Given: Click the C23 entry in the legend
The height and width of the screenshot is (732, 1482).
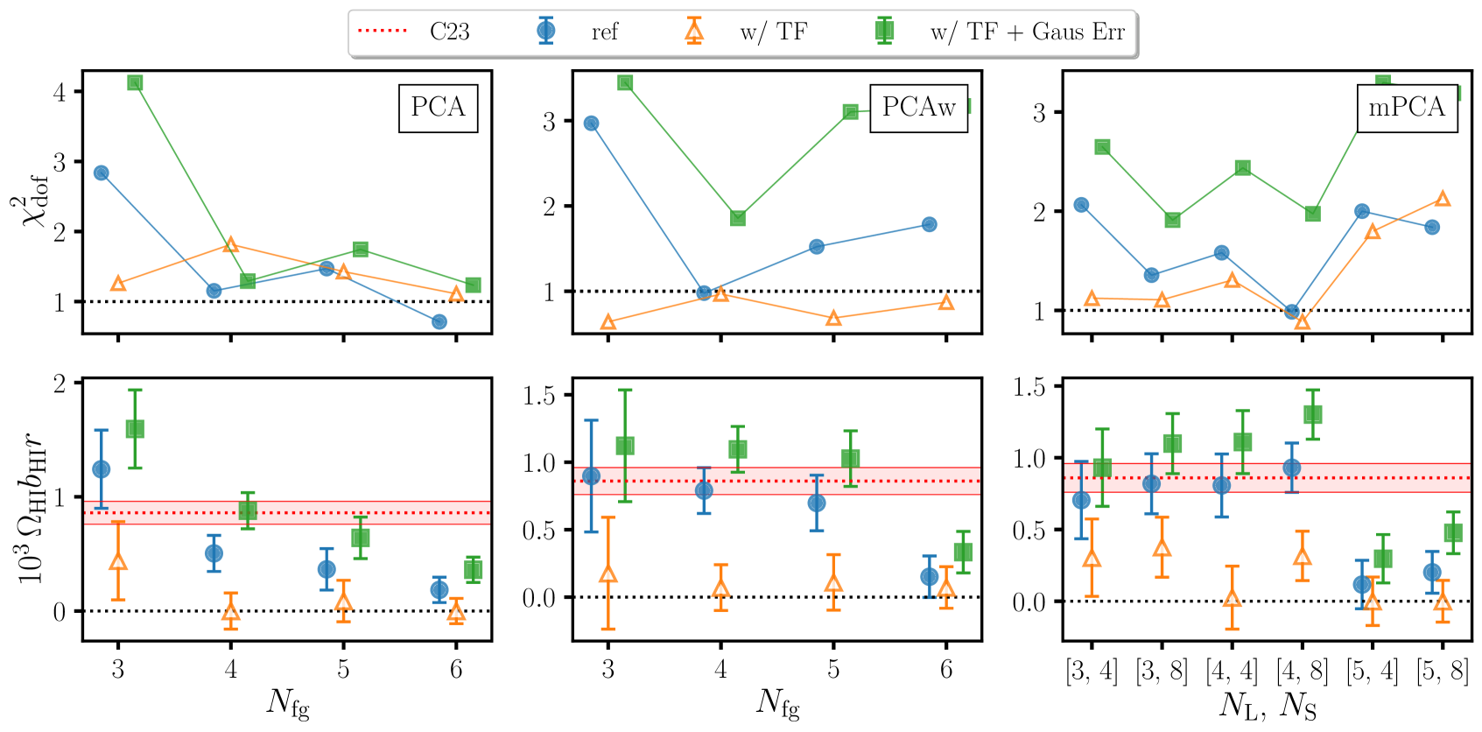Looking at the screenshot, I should tap(449, 32).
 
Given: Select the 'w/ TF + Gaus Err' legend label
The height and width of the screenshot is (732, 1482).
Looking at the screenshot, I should tap(1027, 32).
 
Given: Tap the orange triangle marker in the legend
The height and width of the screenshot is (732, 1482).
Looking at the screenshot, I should tap(693, 32).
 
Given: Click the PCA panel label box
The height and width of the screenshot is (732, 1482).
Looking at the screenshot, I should tap(438, 108).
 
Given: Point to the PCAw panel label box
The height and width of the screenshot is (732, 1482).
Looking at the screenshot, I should tap(918, 108).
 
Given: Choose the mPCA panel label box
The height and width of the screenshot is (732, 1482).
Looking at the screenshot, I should tap(1407, 108).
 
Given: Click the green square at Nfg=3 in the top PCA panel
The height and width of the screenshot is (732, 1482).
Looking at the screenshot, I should tap(135, 82).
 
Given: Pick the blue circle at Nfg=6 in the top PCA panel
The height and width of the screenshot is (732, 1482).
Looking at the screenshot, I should tap(439, 322).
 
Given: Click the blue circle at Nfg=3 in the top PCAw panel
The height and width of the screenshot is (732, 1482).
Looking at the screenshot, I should tap(591, 123).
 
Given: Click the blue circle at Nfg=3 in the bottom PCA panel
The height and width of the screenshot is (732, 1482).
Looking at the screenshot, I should tap(101, 469).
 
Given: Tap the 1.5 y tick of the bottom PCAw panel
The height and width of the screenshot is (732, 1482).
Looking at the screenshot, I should tap(539, 396).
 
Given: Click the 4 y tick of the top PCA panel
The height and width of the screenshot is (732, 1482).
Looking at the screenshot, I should tap(60, 92).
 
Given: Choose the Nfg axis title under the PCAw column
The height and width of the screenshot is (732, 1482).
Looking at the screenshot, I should tap(778, 703).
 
